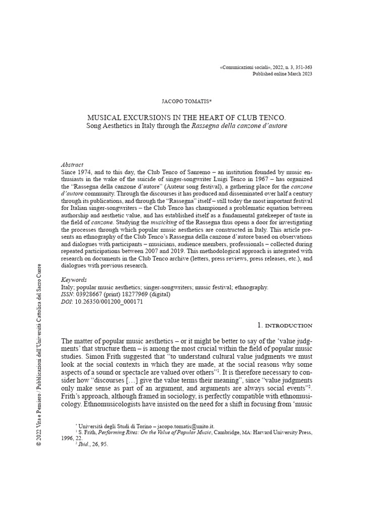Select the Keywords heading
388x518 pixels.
click(74, 279)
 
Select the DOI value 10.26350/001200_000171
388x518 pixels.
click(109, 301)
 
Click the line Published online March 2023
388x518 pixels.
click(282, 74)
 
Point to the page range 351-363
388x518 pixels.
click(302, 67)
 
